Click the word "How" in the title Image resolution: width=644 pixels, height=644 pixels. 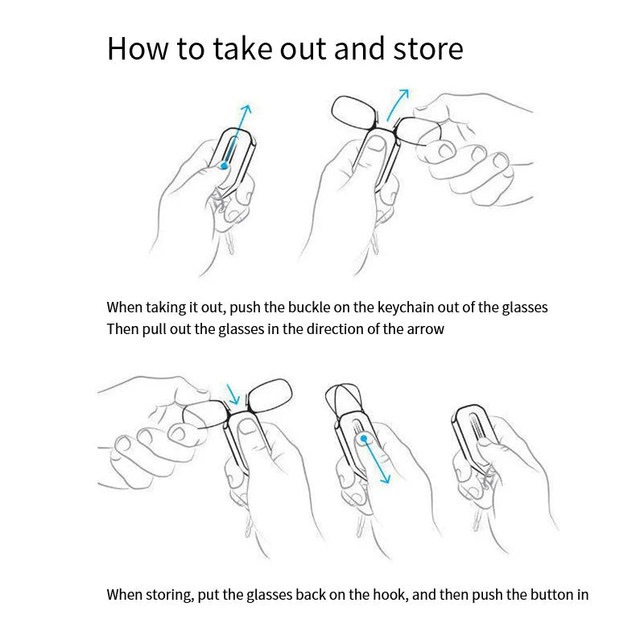tap(138, 48)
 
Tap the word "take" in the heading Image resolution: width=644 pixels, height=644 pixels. tap(243, 48)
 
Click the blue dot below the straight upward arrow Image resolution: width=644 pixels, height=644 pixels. tap(224, 166)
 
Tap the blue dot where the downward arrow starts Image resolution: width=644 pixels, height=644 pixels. tap(364, 439)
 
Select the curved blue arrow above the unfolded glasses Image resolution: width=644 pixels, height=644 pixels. tap(396, 104)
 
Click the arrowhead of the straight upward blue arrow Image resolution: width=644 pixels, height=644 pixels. tap(246, 109)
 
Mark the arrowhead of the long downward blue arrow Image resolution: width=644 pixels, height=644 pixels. tap(386, 478)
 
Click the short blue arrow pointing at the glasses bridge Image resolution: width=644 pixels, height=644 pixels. tap(233, 394)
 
